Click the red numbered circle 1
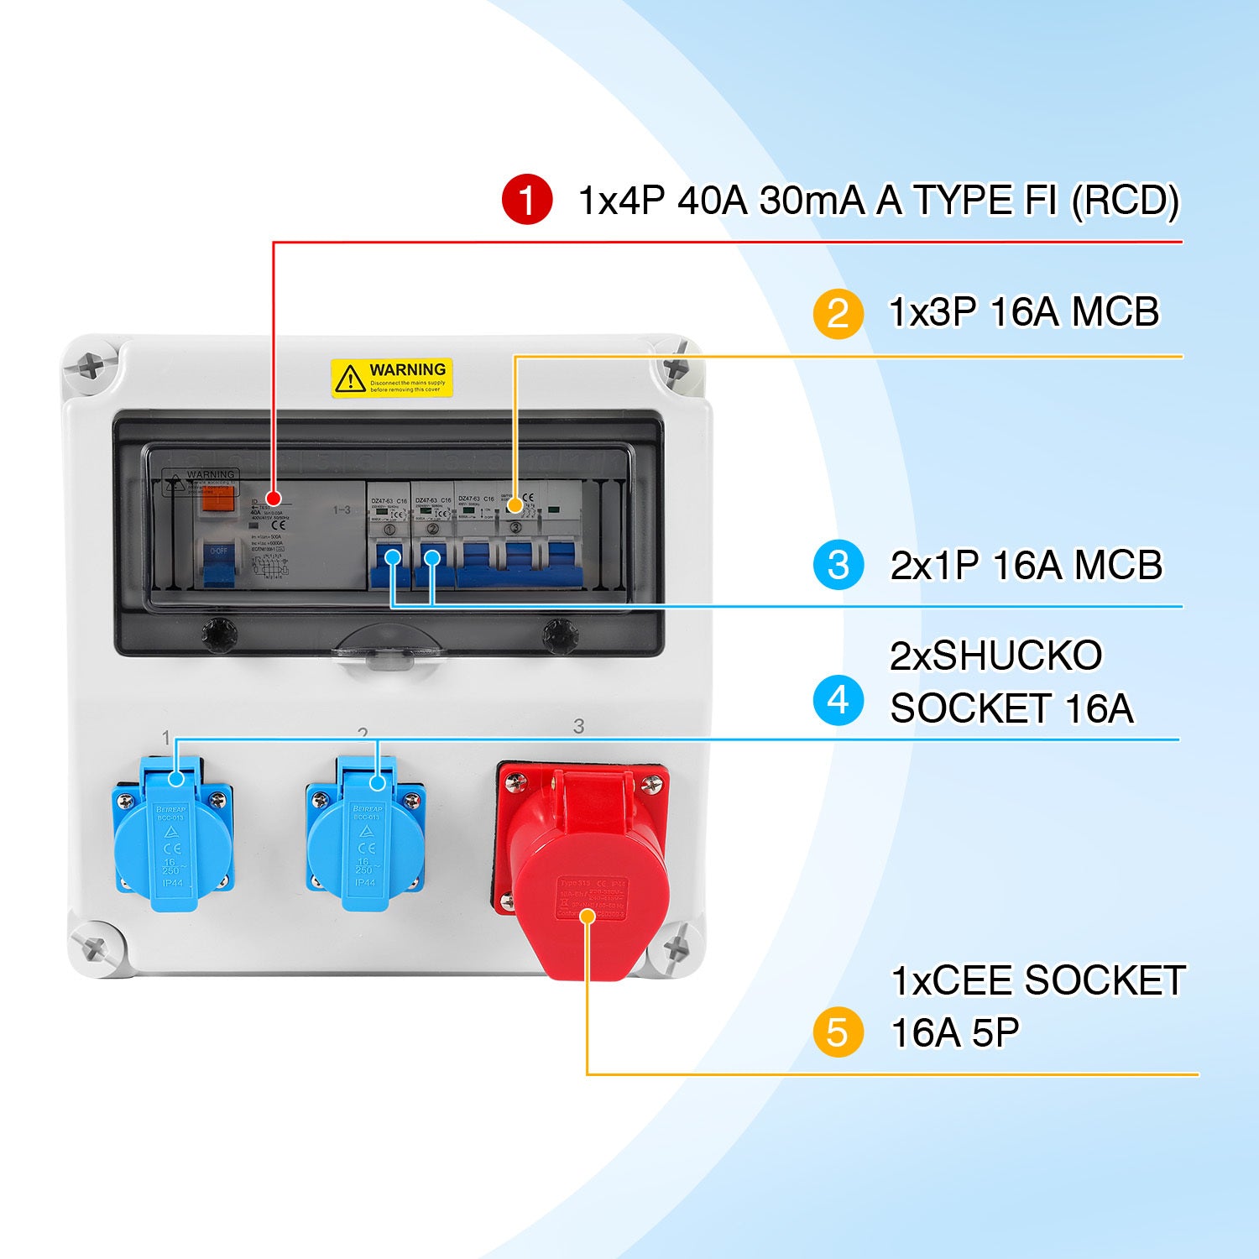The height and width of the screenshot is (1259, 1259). click(526, 200)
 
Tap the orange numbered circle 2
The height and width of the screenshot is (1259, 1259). click(837, 313)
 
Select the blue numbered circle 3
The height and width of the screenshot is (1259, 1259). click(838, 565)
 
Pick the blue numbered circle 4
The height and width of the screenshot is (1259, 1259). click(838, 700)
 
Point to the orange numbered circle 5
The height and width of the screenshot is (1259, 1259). click(837, 1032)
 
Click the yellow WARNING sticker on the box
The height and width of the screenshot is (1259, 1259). click(391, 378)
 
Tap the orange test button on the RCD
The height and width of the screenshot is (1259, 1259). click(217, 500)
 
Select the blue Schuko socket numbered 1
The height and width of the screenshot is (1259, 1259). click(173, 839)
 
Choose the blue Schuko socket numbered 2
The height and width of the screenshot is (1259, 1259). click(365, 839)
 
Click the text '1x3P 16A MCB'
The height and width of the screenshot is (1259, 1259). click(1023, 312)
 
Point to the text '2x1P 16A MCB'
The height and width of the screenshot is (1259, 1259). click(1026, 565)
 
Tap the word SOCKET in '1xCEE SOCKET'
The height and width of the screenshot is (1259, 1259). click(1104, 980)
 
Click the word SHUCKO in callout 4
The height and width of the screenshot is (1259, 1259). click(1016, 656)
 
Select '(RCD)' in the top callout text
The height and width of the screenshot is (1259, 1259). click(1125, 201)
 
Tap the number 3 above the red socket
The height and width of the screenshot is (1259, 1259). click(578, 726)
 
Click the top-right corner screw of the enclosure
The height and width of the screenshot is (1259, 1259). click(676, 368)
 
